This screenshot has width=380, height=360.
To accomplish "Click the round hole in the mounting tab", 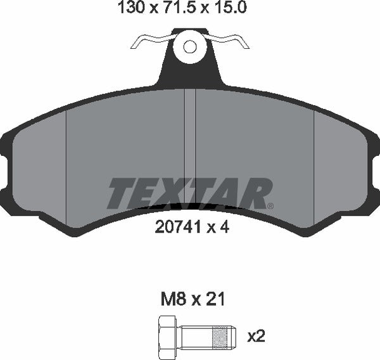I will tap(190, 46).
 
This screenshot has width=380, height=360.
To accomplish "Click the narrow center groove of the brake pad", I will tap(190, 146).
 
